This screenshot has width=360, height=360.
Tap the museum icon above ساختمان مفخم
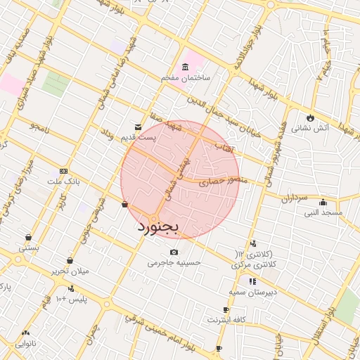pyautogui.click(x=185, y=67)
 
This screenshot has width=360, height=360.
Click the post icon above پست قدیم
pyautogui.click(x=137, y=127)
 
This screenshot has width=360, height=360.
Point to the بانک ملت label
pyautogui.click(x=65, y=181)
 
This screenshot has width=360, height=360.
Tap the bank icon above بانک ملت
pyautogui.click(x=64, y=171)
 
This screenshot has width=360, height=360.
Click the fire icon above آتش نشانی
pyautogui.click(x=310, y=117)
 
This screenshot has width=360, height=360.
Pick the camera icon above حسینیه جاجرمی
pyautogui.click(x=174, y=252)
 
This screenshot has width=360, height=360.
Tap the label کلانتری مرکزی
pyautogui.click(x=255, y=265)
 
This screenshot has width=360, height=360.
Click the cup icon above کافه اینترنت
pyautogui.click(x=226, y=310)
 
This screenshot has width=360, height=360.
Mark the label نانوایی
pyautogui.click(x=25, y=343)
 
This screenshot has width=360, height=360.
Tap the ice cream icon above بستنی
pyautogui.click(x=27, y=238)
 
